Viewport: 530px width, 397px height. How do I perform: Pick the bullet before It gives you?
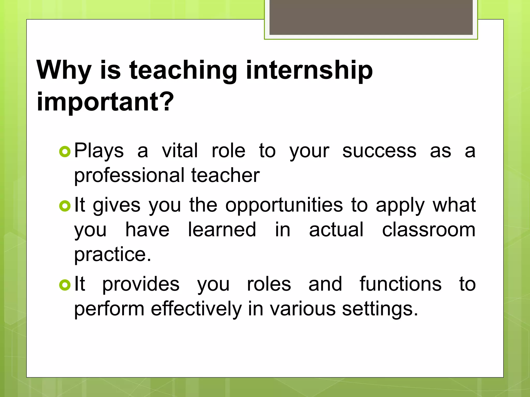[65, 206]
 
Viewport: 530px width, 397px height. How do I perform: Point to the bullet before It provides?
[65, 285]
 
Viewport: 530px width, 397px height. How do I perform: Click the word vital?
[180, 151]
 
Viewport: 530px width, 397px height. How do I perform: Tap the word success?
[379, 151]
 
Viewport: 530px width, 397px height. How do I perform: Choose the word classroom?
[429, 230]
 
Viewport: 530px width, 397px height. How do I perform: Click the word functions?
[401, 284]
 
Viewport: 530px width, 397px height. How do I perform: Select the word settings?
[380, 309]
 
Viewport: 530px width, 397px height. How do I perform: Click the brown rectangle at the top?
[371, 17]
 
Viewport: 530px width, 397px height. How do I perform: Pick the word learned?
[222, 230]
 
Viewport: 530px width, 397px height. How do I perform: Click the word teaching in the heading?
[183, 70]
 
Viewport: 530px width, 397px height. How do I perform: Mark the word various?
[303, 309]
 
